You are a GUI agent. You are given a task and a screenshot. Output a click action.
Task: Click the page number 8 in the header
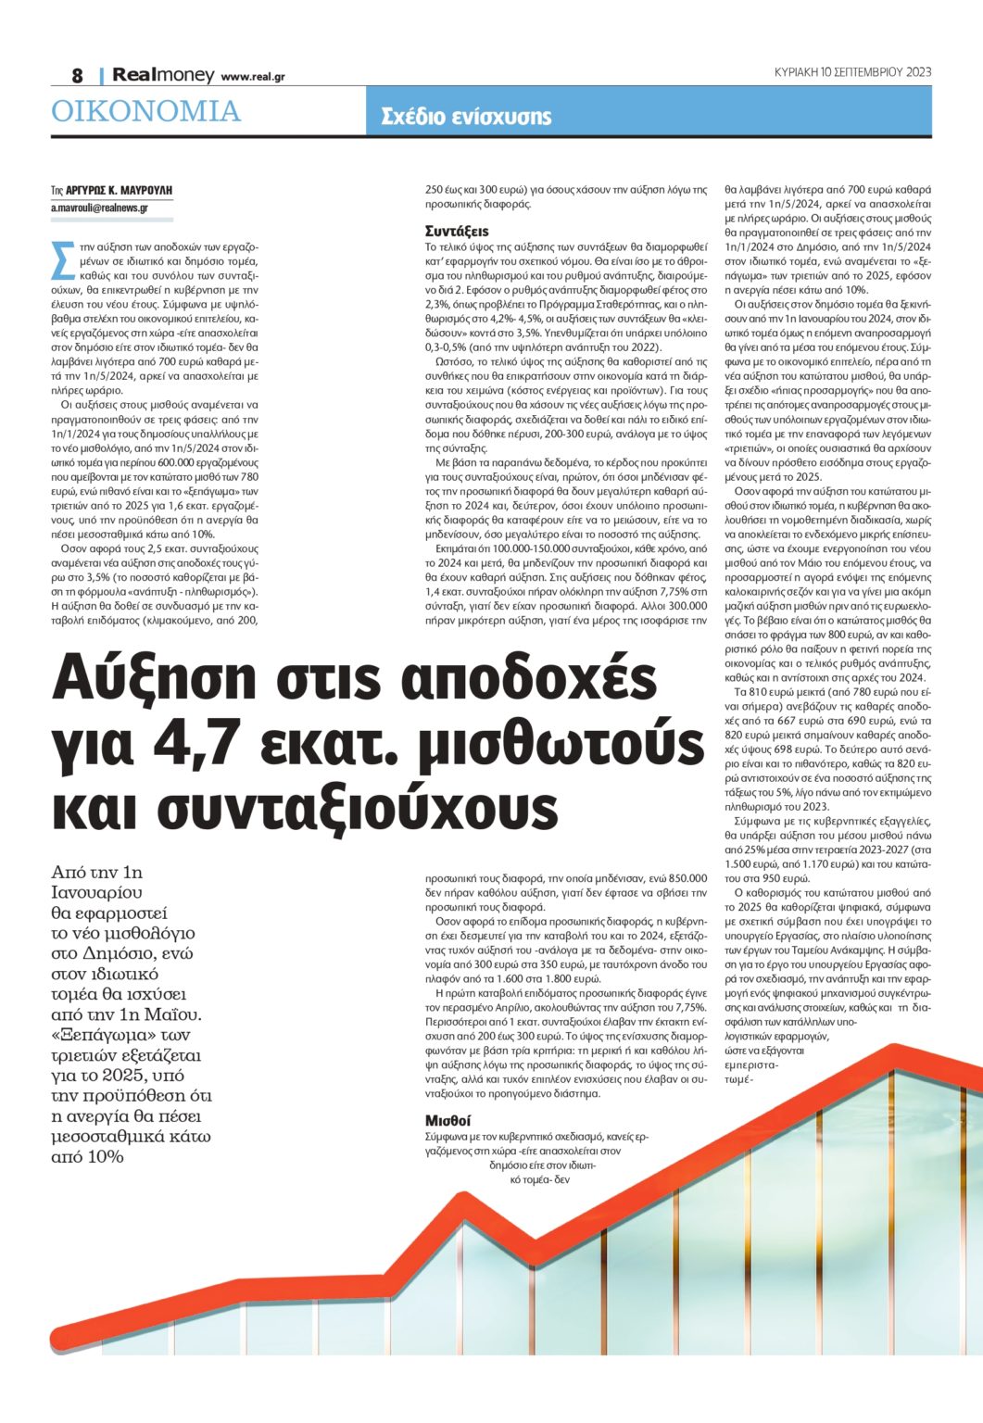78,75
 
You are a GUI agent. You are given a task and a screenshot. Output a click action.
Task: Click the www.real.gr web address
253,77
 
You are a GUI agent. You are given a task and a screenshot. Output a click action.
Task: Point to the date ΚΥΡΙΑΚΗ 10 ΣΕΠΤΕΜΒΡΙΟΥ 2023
852,71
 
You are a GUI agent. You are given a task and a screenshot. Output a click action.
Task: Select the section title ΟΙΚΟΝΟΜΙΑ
145,112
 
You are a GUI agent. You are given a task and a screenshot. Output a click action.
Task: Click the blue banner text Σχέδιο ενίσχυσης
466,117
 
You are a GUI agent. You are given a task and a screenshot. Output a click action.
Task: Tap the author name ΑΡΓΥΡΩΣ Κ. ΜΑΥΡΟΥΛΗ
119,190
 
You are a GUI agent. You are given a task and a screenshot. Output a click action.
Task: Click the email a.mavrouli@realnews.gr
99,208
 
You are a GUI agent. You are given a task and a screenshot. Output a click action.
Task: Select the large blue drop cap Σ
63,260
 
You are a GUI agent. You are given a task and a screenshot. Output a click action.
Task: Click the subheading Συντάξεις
457,231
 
